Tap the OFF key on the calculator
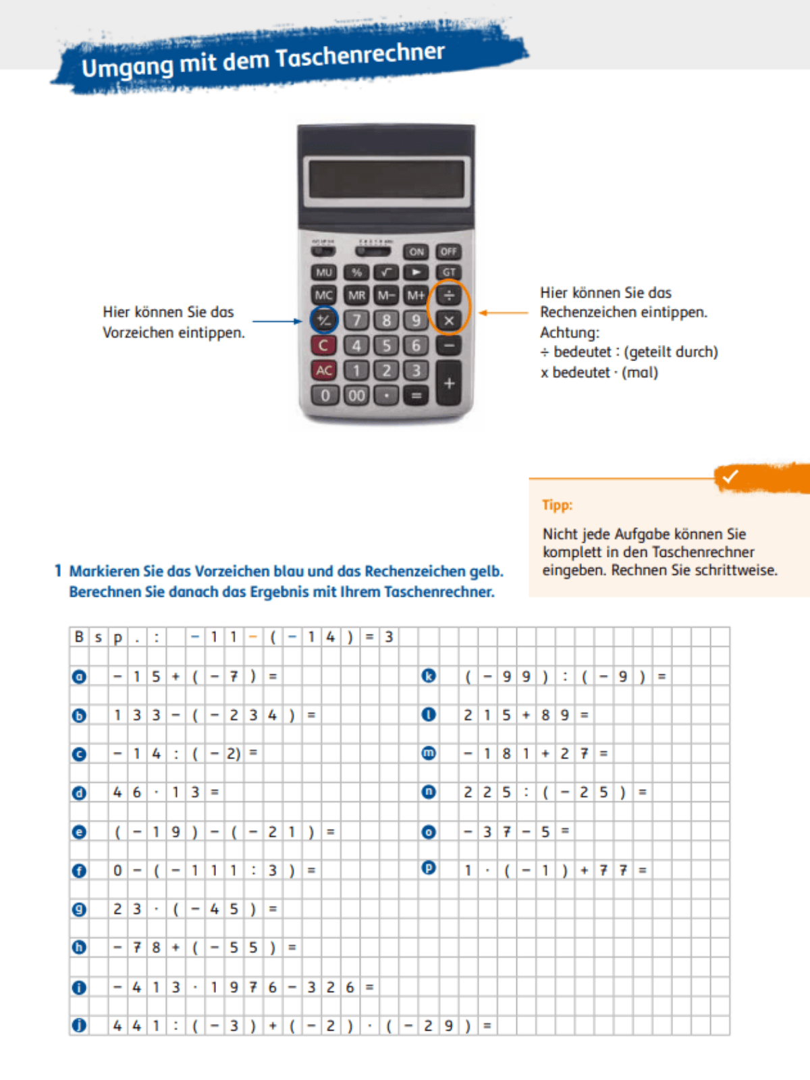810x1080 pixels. tap(448, 252)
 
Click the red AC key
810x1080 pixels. tap(323, 370)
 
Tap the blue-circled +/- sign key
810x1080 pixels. tap(323, 319)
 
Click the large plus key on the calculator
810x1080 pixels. tap(449, 383)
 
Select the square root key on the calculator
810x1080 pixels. tap(386, 272)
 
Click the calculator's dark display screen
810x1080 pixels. tap(386, 178)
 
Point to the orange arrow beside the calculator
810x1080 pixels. tap(504, 313)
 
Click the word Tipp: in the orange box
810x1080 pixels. tap(557, 505)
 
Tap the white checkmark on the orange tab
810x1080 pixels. tap(730, 477)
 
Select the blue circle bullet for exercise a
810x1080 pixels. tap(79, 676)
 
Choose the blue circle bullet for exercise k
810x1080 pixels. tap(429, 676)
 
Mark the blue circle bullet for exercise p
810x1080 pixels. tap(429, 868)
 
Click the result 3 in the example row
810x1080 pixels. tap(389, 637)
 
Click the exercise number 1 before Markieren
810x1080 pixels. tap(58, 571)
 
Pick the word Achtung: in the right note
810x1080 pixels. tap(569, 333)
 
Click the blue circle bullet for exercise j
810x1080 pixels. tap(79, 1025)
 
